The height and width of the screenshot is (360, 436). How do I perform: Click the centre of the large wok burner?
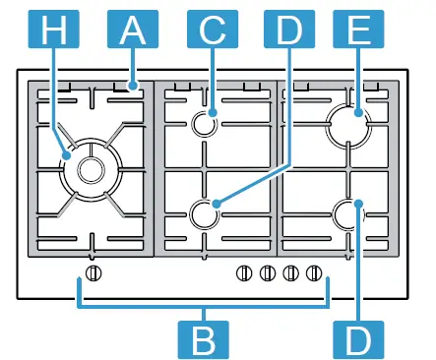[90, 170]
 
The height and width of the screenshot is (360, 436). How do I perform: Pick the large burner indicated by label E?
[349, 125]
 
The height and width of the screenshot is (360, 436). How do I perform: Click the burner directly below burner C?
[206, 211]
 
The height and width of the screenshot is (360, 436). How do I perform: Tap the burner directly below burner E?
[349, 211]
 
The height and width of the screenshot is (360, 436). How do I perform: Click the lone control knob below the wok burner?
[93, 273]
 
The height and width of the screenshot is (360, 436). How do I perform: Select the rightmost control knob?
[314, 273]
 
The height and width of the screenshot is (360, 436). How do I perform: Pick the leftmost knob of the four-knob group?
[243, 273]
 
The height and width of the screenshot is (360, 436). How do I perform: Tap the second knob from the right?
[290, 273]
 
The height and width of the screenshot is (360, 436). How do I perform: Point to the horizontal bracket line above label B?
[204, 304]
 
